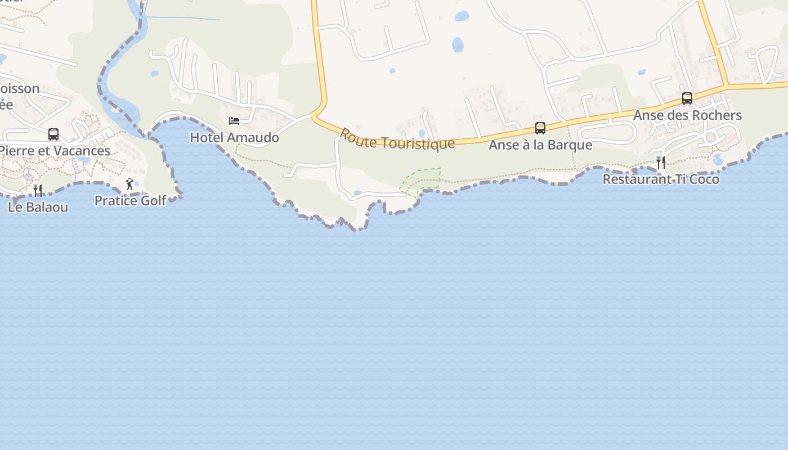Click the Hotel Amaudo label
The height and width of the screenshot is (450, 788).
pyautogui.click(x=234, y=137)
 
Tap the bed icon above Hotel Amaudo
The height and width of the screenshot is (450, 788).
pyautogui.click(x=234, y=121)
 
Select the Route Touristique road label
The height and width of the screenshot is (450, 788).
pyautogui.click(x=397, y=139)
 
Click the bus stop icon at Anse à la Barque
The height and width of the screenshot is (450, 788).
pyautogui.click(x=540, y=128)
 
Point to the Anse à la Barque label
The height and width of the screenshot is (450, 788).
pyautogui.click(x=540, y=145)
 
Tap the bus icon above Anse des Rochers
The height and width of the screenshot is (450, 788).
pyautogui.click(x=687, y=98)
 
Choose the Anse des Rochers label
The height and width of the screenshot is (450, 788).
pyautogui.click(x=687, y=115)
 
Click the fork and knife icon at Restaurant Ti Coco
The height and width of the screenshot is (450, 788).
pyautogui.click(x=661, y=163)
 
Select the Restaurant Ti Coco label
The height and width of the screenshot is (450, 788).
pyautogui.click(x=661, y=179)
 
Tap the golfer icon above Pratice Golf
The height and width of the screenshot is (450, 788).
pyautogui.click(x=130, y=184)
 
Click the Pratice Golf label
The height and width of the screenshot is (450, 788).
pyautogui.click(x=130, y=201)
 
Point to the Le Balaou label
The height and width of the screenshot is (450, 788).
pyautogui.click(x=38, y=207)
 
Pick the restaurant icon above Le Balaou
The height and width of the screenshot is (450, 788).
pyautogui.click(x=38, y=191)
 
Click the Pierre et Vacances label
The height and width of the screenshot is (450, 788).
pyautogui.click(x=54, y=151)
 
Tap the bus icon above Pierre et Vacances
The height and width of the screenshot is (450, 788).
pyautogui.click(x=53, y=134)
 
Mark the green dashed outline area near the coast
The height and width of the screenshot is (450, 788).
pyautogui.click(x=421, y=180)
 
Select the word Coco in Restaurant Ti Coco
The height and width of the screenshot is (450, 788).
pyautogui.click(x=705, y=179)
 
